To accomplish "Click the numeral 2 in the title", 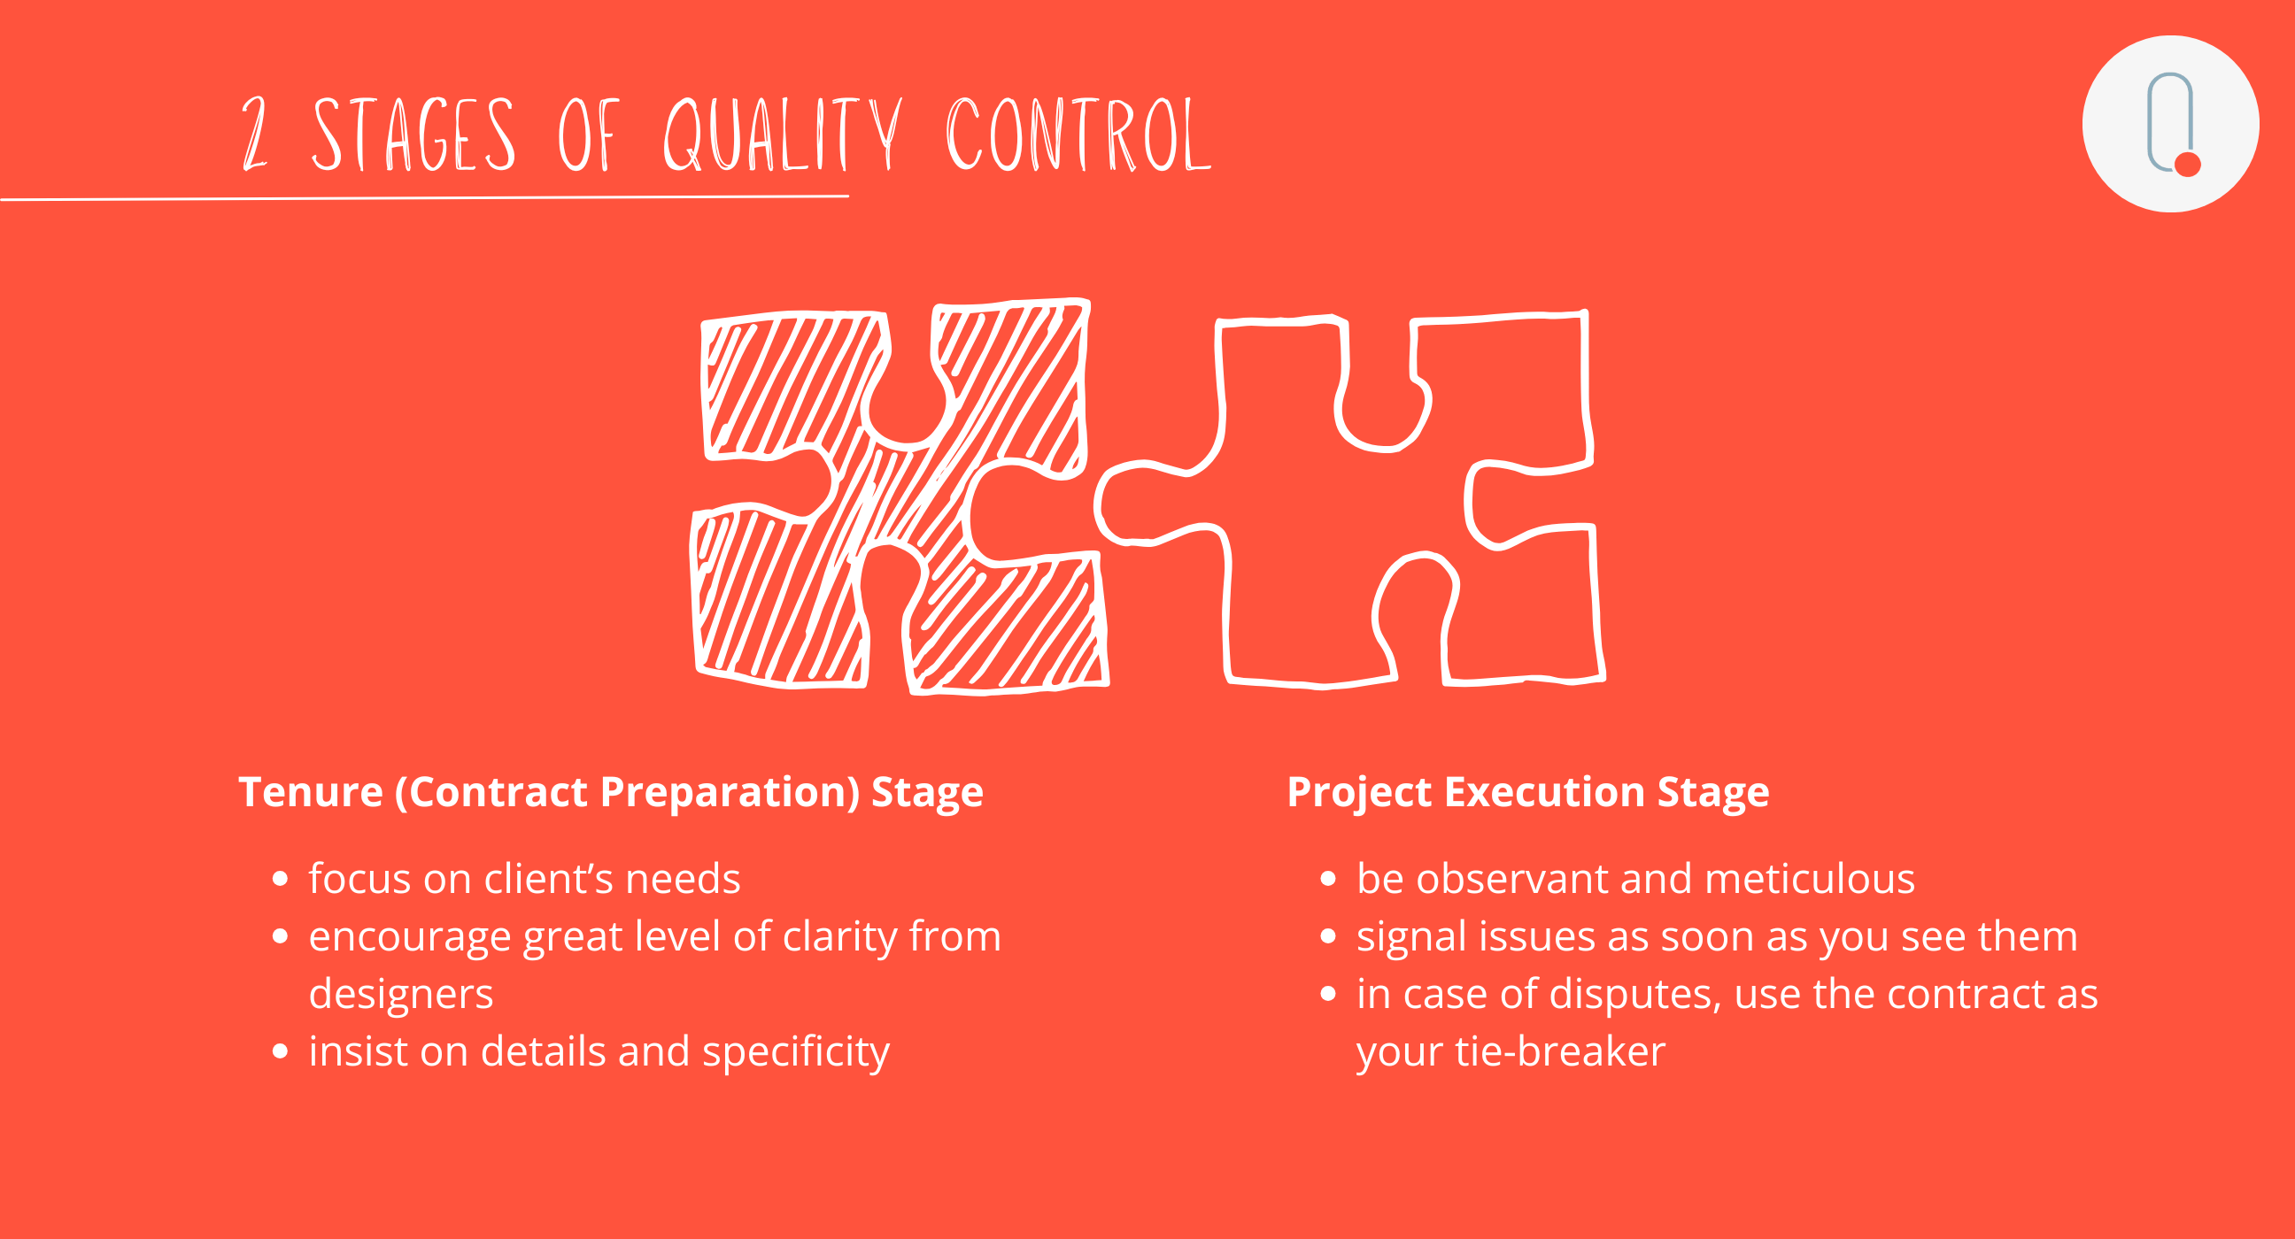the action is (255, 134).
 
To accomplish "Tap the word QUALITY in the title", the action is (782, 134).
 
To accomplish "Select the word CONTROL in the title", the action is (1078, 134).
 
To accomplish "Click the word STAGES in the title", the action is (413, 134).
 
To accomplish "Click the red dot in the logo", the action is (2187, 165).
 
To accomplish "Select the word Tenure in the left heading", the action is (311, 791).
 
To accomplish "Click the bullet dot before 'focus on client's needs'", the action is (280, 879).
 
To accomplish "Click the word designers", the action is (401, 994).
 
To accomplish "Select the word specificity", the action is (796, 1052).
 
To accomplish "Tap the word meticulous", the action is (1810, 878).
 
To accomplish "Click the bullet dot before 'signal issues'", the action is (1328, 936).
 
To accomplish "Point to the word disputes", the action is (1634, 994).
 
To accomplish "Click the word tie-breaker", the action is (1560, 1051).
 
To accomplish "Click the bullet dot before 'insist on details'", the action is (280, 1052).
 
